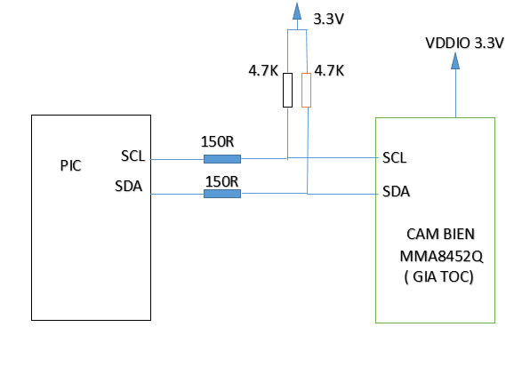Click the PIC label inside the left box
pos(70,166)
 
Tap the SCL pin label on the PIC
pos(132,156)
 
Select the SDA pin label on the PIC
pos(128,186)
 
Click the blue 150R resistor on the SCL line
pos(222,159)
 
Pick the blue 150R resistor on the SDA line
pos(222,194)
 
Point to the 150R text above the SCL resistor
pos(217,142)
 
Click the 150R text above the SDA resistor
pos(221,181)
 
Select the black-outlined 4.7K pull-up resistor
pos(287,90)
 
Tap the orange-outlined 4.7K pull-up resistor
pos(306,90)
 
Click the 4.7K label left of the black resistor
pos(263,71)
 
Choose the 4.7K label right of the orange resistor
pos(329,71)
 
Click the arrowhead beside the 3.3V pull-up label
pos(297,11)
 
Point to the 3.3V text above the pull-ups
pos(328,19)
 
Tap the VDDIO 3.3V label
pos(464,44)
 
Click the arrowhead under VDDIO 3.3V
pos(455,60)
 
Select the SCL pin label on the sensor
pos(395,157)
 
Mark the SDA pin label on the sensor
pos(396,192)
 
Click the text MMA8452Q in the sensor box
pos(441,257)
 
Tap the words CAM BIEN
pos(440,235)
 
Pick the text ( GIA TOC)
pos(438,277)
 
